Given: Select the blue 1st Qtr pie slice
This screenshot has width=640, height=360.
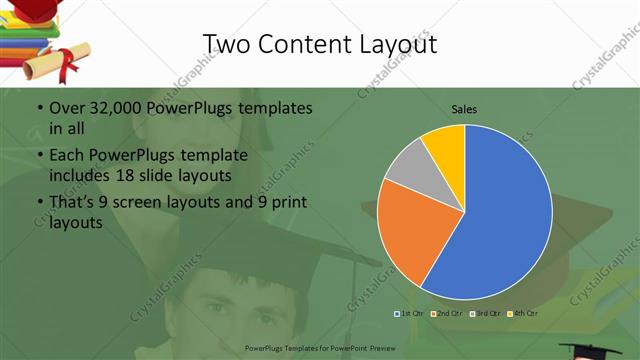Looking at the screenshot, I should tap(500, 220).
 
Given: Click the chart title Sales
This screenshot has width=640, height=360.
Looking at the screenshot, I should tap(464, 108).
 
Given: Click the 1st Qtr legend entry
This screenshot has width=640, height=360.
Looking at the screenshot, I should tap(408, 313).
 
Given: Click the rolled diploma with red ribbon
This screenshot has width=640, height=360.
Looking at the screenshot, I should tap(55, 62).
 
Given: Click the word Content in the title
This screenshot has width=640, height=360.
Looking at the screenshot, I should tap(305, 44).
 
